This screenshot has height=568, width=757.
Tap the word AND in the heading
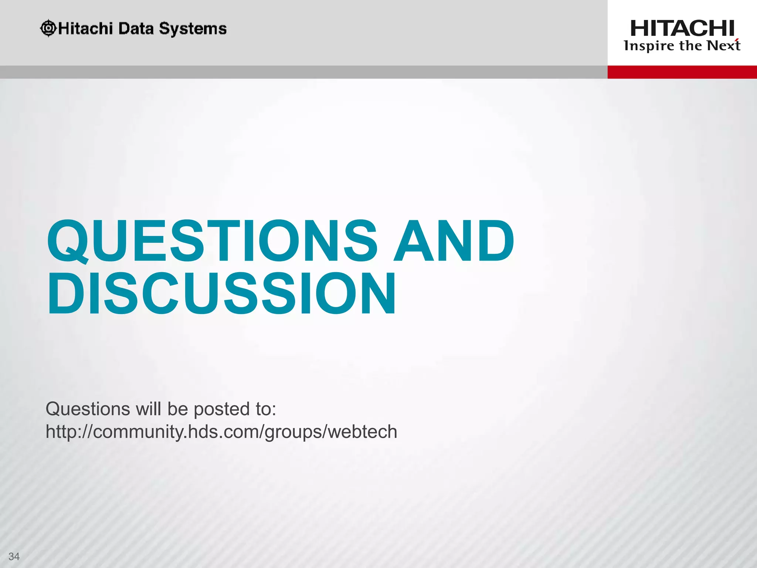pyautogui.click(x=454, y=241)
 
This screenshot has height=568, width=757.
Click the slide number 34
pyautogui.click(x=14, y=556)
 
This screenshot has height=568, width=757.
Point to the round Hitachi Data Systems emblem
pyautogui.click(x=48, y=28)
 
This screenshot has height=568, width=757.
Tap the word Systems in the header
pyautogui.click(x=193, y=29)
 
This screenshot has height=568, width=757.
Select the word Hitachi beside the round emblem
pyautogui.click(x=85, y=28)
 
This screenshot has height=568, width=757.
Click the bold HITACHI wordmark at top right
pyautogui.click(x=682, y=28)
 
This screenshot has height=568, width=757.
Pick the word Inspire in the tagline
pyautogui.click(x=649, y=46)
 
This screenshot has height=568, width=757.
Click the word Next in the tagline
pyautogui.click(x=723, y=45)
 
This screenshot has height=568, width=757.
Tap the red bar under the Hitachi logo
pyautogui.click(x=682, y=72)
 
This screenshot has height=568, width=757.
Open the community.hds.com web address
pyautogui.click(x=221, y=432)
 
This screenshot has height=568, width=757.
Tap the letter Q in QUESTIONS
pyautogui.click(x=68, y=241)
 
